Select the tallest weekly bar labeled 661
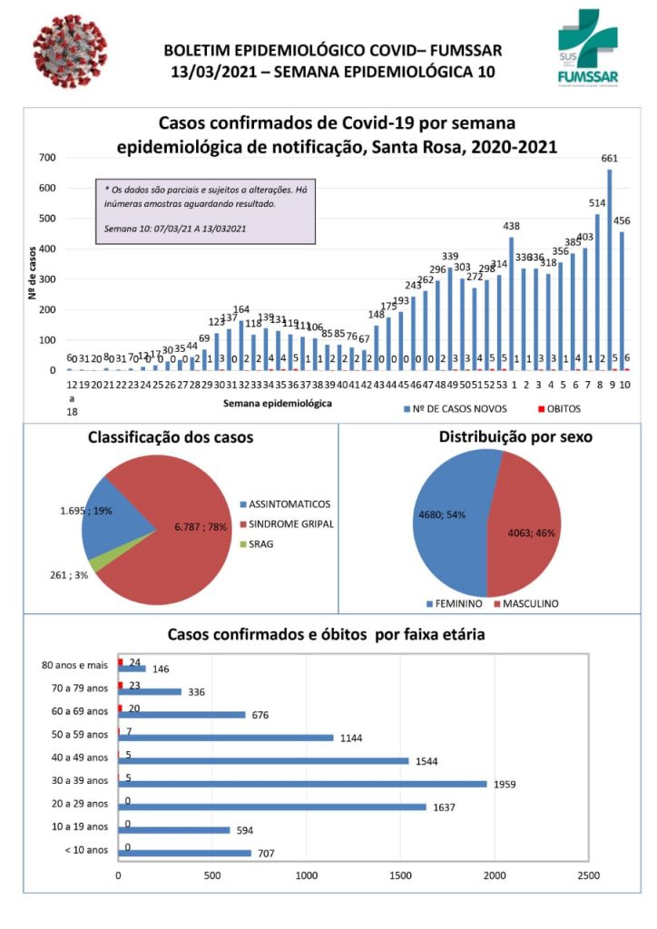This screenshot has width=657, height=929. pyautogui.click(x=610, y=269)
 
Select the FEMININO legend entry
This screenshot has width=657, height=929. pyautogui.click(x=454, y=603)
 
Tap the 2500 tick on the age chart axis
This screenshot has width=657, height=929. pyautogui.click(x=588, y=876)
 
